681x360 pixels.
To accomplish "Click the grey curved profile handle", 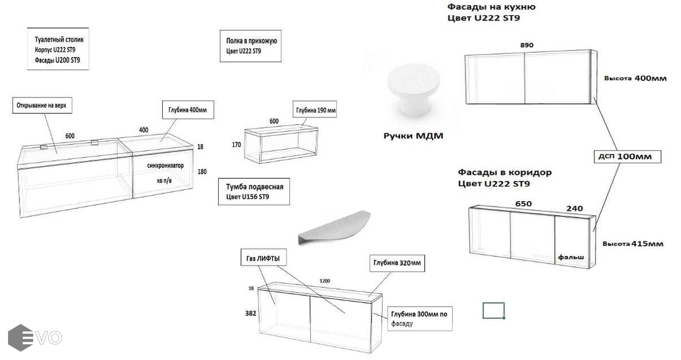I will pyautogui.click(x=334, y=228).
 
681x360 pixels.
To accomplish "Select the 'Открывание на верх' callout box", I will pyautogui.click(x=42, y=106).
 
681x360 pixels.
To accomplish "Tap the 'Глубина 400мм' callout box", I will pyautogui.click(x=188, y=110).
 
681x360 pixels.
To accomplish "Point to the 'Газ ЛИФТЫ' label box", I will pyautogui.click(x=263, y=258).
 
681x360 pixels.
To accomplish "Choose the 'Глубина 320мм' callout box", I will pyautogui.click(x=397, y=263).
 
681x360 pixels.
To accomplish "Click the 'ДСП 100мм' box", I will pyautogui.click(x=627, y=156).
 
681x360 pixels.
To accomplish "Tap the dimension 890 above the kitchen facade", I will pyautogui.click(x=527, y=45).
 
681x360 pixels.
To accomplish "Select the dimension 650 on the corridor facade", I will pyautogui.click(x=523, y=204).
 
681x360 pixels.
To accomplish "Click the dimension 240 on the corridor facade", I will pyautogui.click(x=574, y=208).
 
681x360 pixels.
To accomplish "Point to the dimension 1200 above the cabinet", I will pyautogui.click(x=324, y=281).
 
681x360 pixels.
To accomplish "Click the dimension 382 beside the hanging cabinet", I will pyautogui.click(x=250, y=313).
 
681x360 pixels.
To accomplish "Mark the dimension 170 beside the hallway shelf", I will pyautogui.click(x=236, y=144).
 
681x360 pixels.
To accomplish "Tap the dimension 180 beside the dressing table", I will pyautogui.click(x=202, y=172).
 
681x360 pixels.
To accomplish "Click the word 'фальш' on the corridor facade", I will pyautogui.click(x=571, y=257).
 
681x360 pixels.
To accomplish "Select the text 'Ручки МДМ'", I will pyautogui.click(x=413, y=136).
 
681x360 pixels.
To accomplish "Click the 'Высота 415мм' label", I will pyautogui.click(x=633, y=244).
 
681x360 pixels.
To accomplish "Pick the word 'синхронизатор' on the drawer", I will pyautogui.click(x=165, y=166).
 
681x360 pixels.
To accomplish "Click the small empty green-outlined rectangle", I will pyautogui.click(x=493, y=310).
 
